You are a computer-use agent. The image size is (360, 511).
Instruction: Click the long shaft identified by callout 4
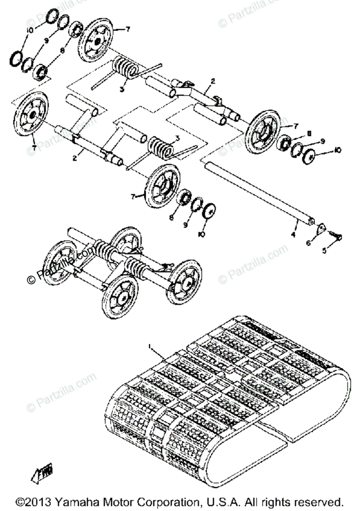(x=256, y=192)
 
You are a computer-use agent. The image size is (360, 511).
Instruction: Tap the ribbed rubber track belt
(x=226, y=396)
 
